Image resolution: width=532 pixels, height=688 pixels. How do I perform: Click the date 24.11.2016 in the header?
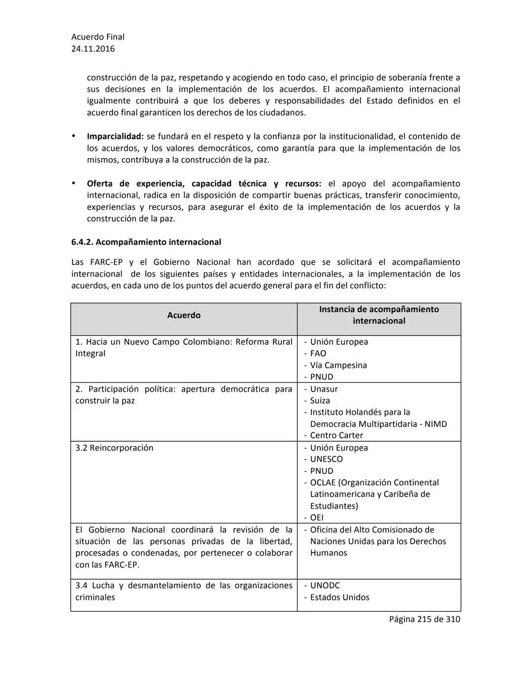click(x=93, y=49)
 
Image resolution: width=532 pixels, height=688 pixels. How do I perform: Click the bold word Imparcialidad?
click(x=115, y=136)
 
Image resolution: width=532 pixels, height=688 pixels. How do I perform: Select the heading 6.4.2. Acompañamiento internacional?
click(x=146, y=242)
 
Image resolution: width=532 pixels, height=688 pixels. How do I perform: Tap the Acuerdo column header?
click(x=184, y=315)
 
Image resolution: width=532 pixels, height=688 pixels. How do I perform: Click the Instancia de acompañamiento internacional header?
click(x=379, y=315)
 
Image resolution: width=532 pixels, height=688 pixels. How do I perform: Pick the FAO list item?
click(x=318, y=354)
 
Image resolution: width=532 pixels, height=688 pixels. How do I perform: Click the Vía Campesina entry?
click(x=338, y=365)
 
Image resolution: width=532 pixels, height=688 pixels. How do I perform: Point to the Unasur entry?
click(x=324, y=389)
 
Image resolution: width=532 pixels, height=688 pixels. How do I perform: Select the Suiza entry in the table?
click(x=320, y=401)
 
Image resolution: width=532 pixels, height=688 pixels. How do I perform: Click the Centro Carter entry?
click(x=336, y=435)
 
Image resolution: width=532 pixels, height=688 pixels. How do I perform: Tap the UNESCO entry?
click(x=326, y=459)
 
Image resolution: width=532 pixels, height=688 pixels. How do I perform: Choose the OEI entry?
click(x=317, y=518)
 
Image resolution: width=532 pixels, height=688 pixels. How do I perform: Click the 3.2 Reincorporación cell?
click(x=114, y=448)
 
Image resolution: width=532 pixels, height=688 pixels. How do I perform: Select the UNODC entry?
click(x=325, y=586)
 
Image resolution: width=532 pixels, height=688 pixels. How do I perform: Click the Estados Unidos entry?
click(x=339, y=597)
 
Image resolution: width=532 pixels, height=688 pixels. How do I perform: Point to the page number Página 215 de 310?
click(x=425, y=619)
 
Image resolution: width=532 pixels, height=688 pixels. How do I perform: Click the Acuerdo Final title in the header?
click(x=98, y=37)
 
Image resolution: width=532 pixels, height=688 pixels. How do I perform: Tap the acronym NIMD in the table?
click(x=436, y=424)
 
